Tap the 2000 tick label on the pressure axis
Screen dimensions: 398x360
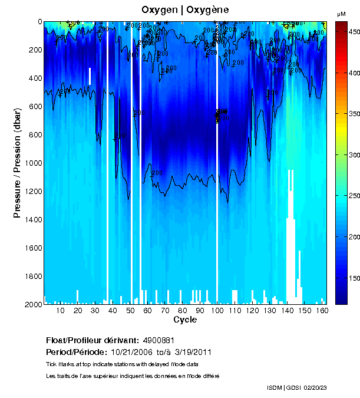coord(33,304)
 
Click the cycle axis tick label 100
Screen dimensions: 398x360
coord(217,310)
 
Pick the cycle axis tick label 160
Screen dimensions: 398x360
coord(322,310)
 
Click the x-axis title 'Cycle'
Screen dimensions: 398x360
coord(185,320)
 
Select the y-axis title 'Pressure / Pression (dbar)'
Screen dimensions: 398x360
coord(17,163)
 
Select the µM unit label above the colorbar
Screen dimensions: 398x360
coord(341,14)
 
